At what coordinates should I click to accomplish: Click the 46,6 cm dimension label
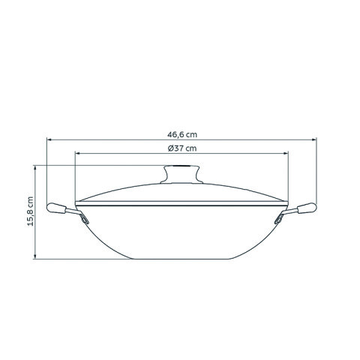point(182,134)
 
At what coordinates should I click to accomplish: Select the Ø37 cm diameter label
point(182,148)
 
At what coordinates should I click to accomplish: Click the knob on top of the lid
point(181,174)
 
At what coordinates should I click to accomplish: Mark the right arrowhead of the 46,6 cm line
point(313,140)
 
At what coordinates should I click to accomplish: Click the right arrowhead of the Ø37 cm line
point(286,154)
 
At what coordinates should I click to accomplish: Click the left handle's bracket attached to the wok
point(81,217)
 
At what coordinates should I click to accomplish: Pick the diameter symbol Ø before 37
point(171,148)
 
